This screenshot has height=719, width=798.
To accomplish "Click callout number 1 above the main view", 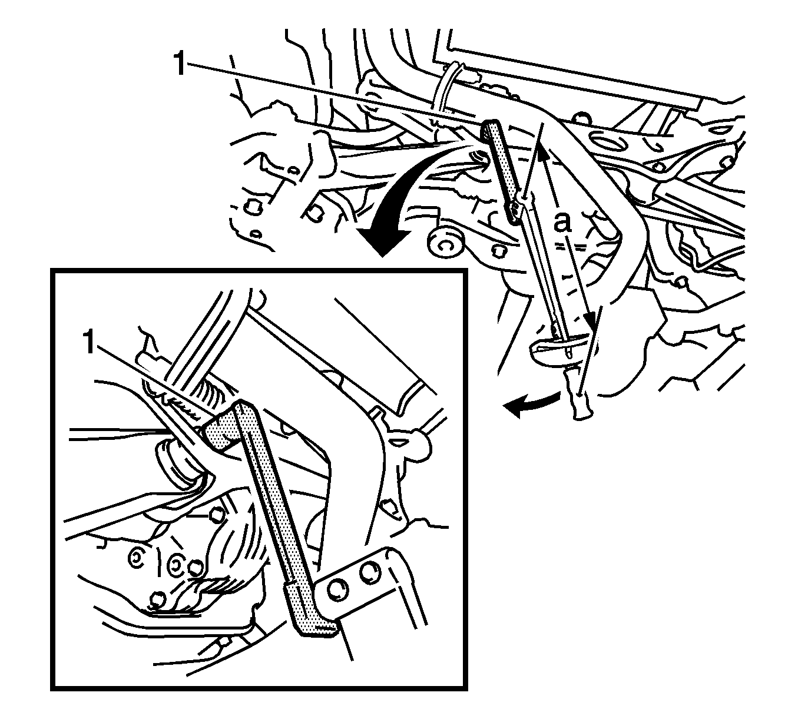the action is coord(180,64).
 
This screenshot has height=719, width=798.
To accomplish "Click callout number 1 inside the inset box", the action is coord(89,343).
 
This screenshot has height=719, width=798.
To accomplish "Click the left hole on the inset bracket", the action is coord(336,590).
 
